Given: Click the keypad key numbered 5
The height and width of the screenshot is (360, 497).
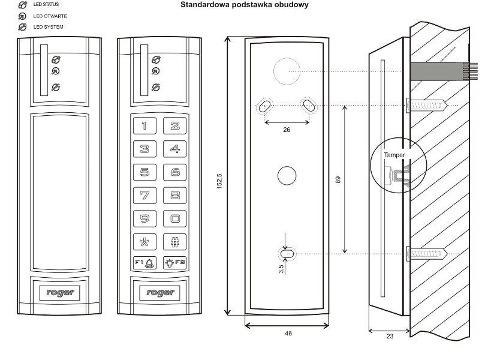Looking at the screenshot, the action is pos(144,172).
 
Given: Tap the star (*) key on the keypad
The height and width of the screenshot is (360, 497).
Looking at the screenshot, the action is pos(144,242).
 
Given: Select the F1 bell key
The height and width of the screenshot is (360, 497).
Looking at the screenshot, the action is pos(144,263).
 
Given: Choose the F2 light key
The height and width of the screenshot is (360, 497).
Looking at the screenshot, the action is pos(174,263).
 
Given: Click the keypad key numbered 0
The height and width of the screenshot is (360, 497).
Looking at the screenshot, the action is pos(174,218).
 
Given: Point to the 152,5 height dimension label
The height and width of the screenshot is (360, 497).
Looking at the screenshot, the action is pos(219,181).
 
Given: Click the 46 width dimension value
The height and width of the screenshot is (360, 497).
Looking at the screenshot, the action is pos(288,334).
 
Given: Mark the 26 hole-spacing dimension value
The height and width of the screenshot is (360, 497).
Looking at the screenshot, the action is pos(287,130).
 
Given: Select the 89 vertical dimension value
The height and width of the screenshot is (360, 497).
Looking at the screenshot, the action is pos(338,180).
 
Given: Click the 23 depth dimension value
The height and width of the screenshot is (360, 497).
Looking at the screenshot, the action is pos(390,336).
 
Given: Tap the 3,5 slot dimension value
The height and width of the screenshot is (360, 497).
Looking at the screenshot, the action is pos(281,269).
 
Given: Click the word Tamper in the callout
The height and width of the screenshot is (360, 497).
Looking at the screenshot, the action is pos(394,155).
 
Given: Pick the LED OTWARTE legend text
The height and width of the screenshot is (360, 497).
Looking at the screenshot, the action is pos(50,16).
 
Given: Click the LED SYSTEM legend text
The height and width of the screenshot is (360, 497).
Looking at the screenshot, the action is pos(48,27).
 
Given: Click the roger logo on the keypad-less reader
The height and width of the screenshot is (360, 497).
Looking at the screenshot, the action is pos(60,292).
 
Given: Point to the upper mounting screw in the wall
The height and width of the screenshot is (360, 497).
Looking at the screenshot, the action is pos(427,105).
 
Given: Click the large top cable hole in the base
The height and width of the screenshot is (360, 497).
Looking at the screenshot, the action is pos(287,71).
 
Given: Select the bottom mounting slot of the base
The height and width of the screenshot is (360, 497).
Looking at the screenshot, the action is pos(287,254).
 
